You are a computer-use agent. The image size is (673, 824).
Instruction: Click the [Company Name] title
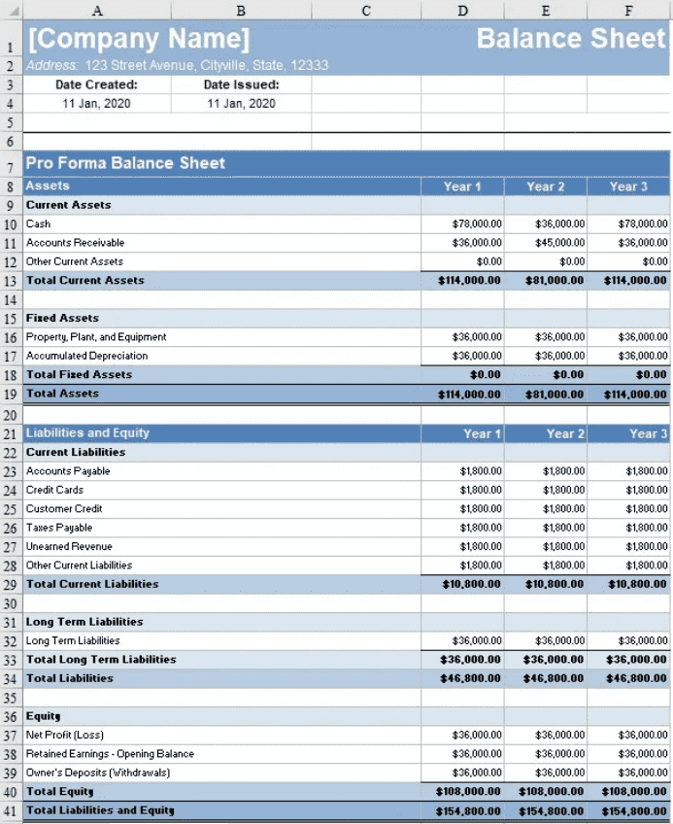coord(139,40)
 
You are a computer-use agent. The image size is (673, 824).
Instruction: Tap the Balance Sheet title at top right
coord(571,39)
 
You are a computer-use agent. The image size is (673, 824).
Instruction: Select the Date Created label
coord(96,85)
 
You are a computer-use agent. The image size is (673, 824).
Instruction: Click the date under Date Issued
coord(241,103)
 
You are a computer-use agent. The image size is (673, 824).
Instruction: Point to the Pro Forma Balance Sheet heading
coord(125,163)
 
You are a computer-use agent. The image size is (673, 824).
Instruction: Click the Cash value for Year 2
coord(560,223)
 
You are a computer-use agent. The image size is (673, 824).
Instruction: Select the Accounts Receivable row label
coord(75,242)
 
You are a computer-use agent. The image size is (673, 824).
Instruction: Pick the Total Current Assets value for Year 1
coord(469,280)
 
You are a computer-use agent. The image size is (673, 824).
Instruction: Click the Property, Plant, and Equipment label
coord(96,336)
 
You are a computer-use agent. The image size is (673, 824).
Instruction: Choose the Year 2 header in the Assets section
coord(545,186)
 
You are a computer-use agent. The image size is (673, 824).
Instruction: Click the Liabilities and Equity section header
coord(87,432)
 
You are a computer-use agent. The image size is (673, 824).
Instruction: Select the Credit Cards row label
coord(54,490)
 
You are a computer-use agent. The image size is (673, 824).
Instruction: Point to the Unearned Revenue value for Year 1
coord(481,546)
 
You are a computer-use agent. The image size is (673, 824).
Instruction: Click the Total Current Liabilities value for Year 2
coord(555,584)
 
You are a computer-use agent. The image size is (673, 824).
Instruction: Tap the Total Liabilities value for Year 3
coord(637,678)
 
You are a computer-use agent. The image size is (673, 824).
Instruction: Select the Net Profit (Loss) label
coord(65,735)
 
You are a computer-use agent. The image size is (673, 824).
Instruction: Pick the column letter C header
coord(365,11)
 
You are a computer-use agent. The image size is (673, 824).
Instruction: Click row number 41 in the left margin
coord(11,810)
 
